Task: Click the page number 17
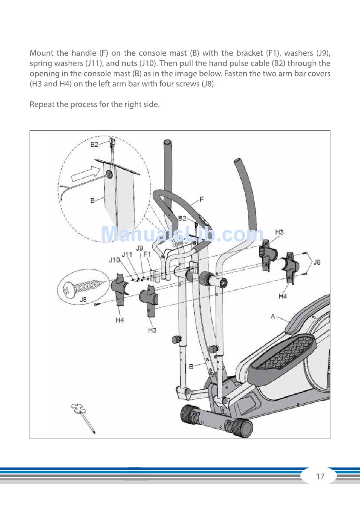[320, 476]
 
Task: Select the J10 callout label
[114, 260]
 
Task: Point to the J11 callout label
[127, 254]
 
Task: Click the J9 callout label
[139, 248]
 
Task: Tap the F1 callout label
[147, 254]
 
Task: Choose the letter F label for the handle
[201, 199]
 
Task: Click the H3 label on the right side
[279, 232]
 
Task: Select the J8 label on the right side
[317, 262]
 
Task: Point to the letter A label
[273, 316]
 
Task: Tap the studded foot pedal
[284, 352]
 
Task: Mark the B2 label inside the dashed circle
[94, 144]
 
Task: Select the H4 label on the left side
[120, 320]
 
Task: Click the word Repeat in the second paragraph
[42, 104]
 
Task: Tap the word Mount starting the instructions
[41, 53]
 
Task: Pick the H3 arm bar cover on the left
[149, 301]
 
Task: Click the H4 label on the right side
[283, 296]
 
